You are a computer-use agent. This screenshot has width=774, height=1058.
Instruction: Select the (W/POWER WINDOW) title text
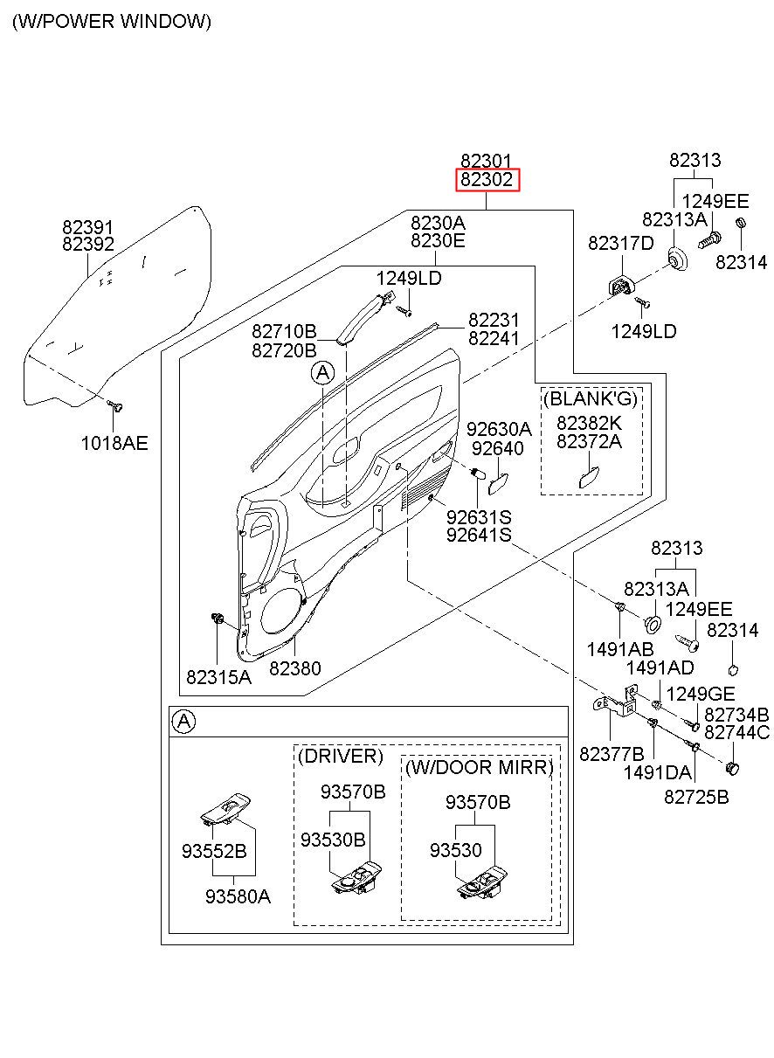111,22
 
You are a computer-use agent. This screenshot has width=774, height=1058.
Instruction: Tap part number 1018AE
114,443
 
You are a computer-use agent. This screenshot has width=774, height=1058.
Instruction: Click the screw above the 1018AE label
115,406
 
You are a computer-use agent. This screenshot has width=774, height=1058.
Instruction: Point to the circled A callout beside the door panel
322,374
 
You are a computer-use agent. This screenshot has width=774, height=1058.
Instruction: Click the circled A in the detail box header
183,721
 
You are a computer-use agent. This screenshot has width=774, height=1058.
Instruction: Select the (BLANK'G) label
591,399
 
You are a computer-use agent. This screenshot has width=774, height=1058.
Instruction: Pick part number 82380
294,668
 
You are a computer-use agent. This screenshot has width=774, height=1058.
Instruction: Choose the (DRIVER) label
341,756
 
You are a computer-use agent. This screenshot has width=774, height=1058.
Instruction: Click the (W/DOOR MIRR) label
480,767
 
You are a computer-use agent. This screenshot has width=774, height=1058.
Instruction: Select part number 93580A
238,895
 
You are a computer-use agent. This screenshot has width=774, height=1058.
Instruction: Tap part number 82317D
620,243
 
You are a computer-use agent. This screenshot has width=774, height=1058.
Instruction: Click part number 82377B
612,753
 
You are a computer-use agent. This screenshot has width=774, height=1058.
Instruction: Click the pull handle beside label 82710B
358,320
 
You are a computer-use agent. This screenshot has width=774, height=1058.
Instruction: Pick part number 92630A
499,429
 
